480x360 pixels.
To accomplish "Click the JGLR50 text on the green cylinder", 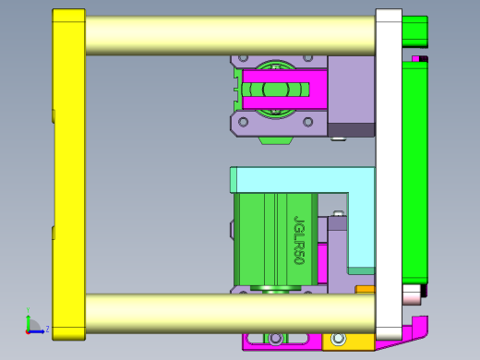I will tap(299, 240).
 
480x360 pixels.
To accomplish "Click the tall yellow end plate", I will tap(68, 175).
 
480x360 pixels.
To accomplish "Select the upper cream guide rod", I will tap(231, 35).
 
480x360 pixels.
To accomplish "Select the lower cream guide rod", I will tap(231, 314).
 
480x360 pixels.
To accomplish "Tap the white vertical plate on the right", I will tap(389, 175).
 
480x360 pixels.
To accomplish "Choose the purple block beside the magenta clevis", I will tap(351, 88).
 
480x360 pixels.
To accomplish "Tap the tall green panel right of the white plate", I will tap(415, 175).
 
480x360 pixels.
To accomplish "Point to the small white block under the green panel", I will tap(412, 294).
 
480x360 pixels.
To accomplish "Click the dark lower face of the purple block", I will tap(352, 130).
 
